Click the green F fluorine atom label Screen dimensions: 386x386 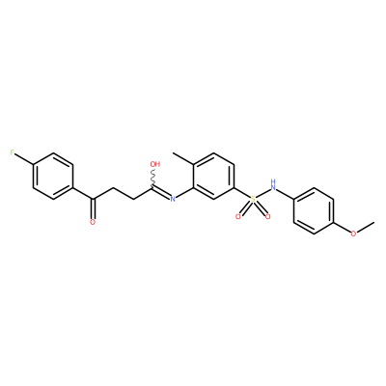[x=13, y=152]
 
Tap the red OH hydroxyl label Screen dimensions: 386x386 [x=155, y=164]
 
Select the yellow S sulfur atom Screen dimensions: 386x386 [x=253, y=200]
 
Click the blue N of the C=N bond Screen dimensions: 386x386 [x=173, y=200]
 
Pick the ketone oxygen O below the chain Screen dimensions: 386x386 [x=93, y=222]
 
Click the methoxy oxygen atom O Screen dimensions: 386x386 [x=353, y=234]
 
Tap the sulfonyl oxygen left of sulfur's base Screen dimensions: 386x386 [x=238, y=216]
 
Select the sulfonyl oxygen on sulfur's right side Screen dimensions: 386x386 [x=267, y=216]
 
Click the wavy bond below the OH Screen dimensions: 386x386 [x=153, y=178]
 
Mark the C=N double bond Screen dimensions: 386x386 [x=161, y=192]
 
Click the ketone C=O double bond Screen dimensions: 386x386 [x=93, y=207]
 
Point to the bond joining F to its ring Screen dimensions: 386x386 [x=24, y=159]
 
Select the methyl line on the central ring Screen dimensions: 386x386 [x=183, y=158]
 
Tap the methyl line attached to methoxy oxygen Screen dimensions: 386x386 [x=366, y=227]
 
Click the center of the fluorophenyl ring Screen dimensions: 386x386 [x=53, y=177]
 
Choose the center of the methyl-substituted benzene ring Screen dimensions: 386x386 [x=213, y=177]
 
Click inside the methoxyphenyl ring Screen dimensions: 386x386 [x=314, y=211]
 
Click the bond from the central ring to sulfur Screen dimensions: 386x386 [x=242, y=193]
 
